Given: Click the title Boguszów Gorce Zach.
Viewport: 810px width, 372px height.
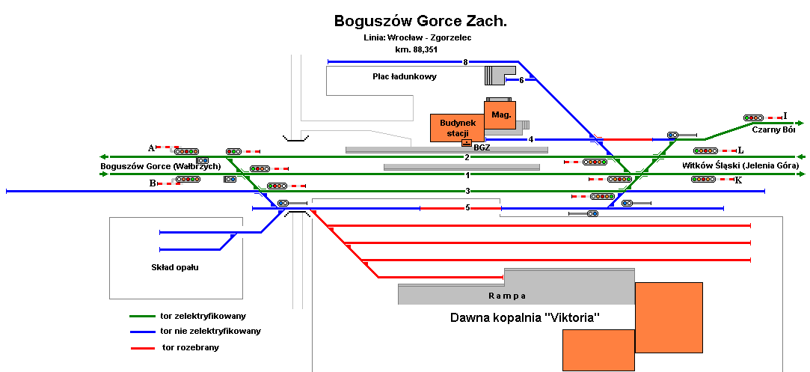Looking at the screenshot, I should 420,21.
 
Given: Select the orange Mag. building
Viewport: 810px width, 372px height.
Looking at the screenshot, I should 500,115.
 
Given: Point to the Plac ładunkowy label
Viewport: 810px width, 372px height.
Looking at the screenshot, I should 405,76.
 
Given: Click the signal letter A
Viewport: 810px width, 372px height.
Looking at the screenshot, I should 151,147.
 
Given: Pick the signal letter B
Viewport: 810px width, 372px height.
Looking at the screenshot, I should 152,183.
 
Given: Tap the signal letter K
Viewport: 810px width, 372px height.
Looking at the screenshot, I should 738,180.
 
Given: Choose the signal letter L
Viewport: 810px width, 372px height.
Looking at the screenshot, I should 740,150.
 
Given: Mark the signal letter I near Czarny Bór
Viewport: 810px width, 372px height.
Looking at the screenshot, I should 785,116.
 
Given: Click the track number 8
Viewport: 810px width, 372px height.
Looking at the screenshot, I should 465,62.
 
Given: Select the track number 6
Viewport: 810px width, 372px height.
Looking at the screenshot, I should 521,80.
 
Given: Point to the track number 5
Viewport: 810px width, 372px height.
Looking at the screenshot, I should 467,207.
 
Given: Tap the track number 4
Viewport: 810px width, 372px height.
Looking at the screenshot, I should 530,139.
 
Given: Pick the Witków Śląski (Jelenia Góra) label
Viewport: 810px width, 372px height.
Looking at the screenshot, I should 740,165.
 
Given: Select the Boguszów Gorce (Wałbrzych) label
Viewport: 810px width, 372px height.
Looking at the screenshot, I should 160,165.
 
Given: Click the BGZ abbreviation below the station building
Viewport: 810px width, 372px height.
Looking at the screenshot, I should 482,147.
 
